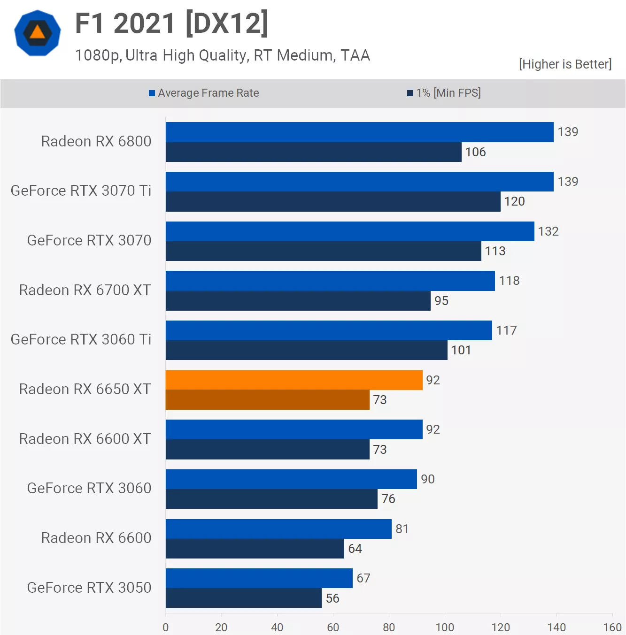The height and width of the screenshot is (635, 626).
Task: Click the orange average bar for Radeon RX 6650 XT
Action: [x=294, y=380]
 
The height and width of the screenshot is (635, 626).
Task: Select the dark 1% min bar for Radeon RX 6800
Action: [x=313, y=152]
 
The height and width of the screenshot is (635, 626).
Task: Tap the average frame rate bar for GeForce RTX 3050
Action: [x=259, y=578]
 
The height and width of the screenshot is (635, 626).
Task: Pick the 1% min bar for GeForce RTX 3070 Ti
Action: [x=333, y=202]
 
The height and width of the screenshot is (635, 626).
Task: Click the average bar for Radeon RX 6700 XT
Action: [x=330, y=281]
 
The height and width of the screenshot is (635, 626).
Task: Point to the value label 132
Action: [x=548, y=231]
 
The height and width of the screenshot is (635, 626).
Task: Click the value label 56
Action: [x=332, y=598]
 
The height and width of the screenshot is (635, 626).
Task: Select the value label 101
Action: [x=461, y=350]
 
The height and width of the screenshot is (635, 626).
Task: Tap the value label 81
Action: [x=402, y=529]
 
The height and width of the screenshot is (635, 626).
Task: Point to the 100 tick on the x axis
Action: [x=445, y=627]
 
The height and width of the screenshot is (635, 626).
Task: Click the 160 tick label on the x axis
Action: [x=612, y=627]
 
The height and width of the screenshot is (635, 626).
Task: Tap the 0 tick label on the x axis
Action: [x=165, y=627]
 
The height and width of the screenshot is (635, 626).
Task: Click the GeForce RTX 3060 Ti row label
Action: [x=81, y=339]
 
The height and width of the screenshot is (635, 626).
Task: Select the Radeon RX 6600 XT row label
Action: [x=85, y=439]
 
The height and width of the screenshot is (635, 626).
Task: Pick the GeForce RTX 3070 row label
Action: [x=89, y=240]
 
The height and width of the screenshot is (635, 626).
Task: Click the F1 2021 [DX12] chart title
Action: [x=172, y=23]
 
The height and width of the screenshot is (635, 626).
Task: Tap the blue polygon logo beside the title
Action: [x=38, y=33]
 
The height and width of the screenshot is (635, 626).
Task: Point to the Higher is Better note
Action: [x=565, y=64]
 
